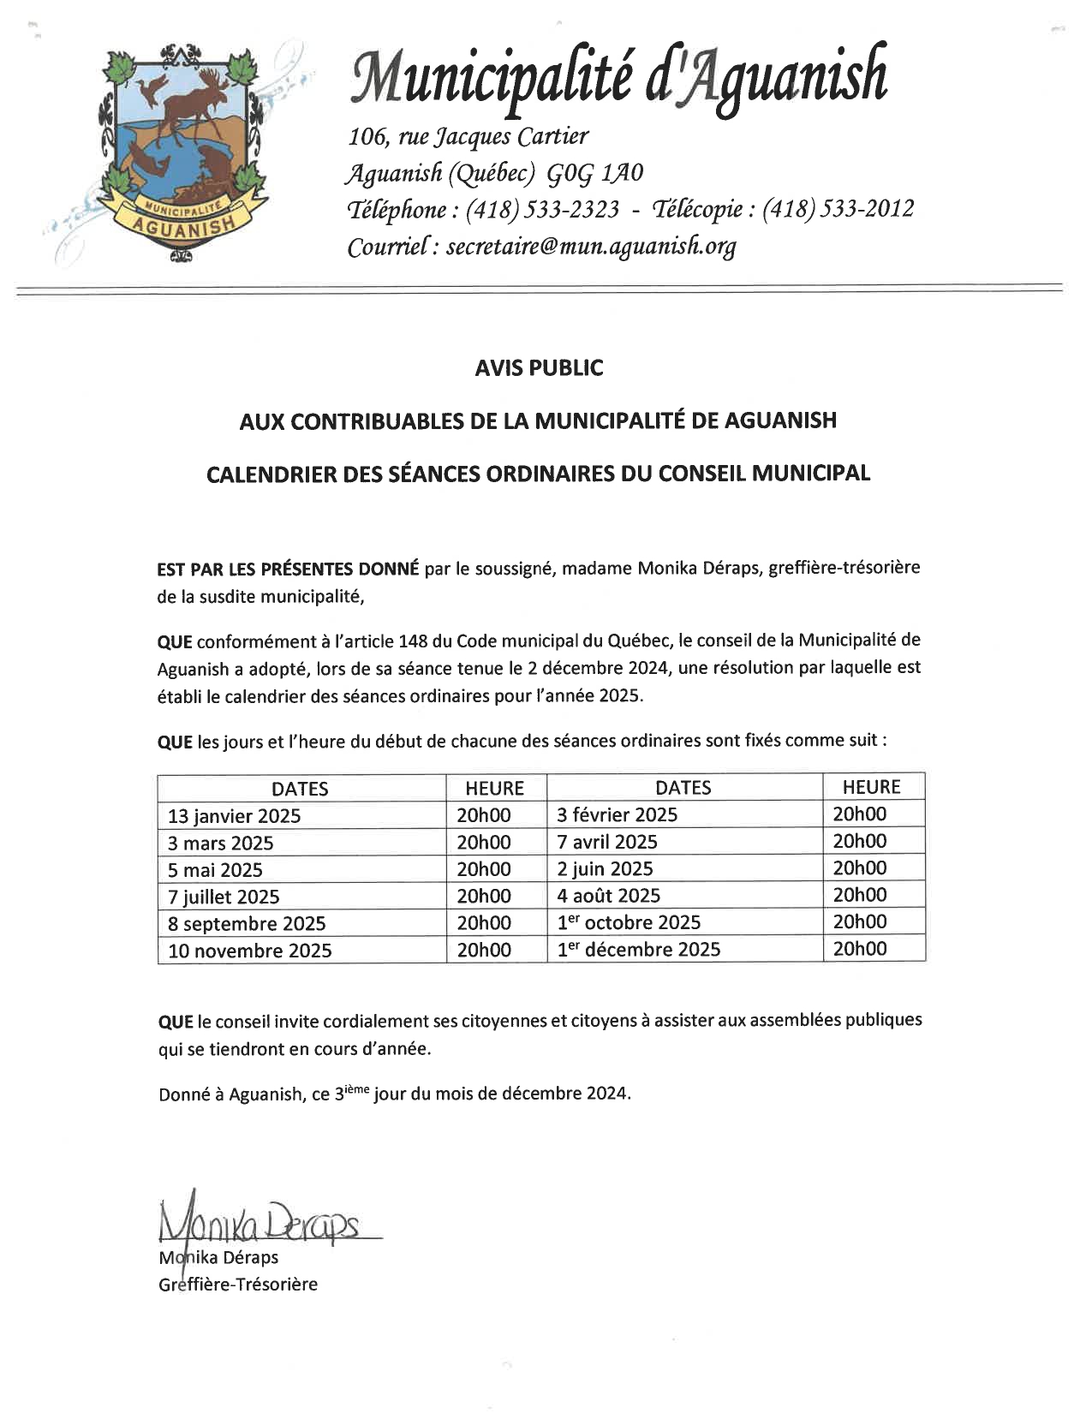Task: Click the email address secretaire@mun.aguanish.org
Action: [x=591, y=247]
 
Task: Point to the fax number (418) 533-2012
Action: [x=838, y=209]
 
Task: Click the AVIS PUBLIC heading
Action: [x=539, y=368]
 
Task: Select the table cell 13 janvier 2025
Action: [x=235, y=815]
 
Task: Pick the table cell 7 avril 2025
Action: [x=607, y=842]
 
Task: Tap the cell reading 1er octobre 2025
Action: [x=629, y=922]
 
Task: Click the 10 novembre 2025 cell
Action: [x=249, y=951]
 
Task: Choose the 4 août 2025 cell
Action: [x=609, y=896]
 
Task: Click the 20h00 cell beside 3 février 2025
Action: [x=860, y=814]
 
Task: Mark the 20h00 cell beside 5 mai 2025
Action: [x=484, y=869]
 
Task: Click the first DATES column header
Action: [x=300, y=789]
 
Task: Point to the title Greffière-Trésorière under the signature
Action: [x=238, y=1285]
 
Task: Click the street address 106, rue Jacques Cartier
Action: [x=468, y=136]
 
